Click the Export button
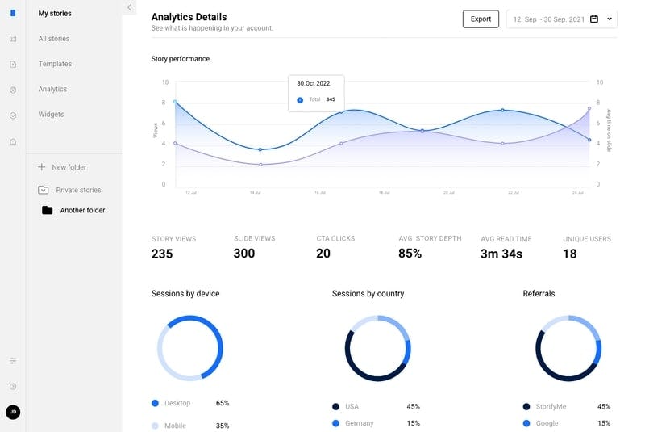pyautogui.click(x=481, y=19)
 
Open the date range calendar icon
pyautogui.click(x=594, y=19)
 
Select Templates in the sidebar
pyautogui.click(x=55, y=64)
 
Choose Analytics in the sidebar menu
pyautogui.click(x=52, y=89)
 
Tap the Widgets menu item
pyautogui.click(x=52, y=115)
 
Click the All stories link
pyautogui.click(x=54, y=39)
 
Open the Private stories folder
pyautogui.click(x=78, y=190)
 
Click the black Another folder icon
pyautogui.click(x=47, y=210)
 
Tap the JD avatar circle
pyautogui.click(x=13, y=412)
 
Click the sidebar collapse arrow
pyautogui.click(x=129, y=7)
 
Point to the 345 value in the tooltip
pyautogui.click(x=331, y=99)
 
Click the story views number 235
pyautogui.click(x=162, y=254)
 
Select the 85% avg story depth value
pyautogui.click(x=410, y=254)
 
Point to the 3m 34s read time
pyautogui.click(x=501, y=254)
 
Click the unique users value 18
pyautogui.click(x=569, y=254)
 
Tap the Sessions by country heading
pyautogui.click(x=368, y=294)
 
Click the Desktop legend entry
pyautogui.click(x=177, y=403)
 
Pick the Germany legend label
pyautogui.click(x=359, y=423)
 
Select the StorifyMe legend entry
pyautogui.click(x=551, y=406)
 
